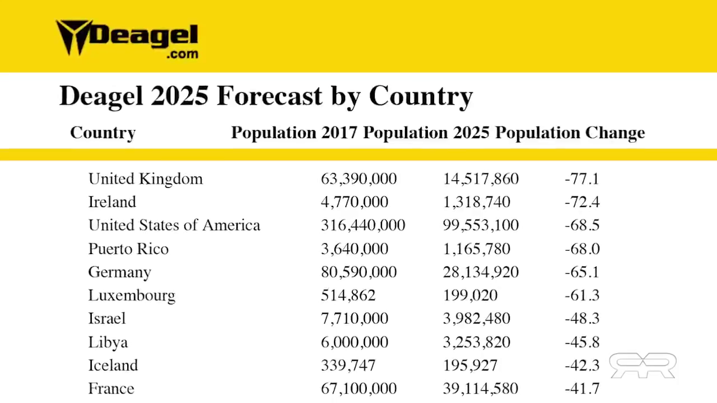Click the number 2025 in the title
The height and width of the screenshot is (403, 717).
179,96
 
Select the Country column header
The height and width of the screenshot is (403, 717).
103,133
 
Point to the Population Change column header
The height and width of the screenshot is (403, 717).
570,133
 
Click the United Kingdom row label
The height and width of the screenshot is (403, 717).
146,179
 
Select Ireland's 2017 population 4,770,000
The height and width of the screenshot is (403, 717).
355,202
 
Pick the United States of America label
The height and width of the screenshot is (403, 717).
174,226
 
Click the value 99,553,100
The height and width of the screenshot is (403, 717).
481,226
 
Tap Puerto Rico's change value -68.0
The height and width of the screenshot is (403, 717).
582,249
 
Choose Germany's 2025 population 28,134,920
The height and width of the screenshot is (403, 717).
481,273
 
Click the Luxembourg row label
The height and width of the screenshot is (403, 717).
132,296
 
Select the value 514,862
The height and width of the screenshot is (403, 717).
348,296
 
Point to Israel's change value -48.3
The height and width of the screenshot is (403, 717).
582,319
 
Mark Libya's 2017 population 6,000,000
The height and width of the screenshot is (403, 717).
355,343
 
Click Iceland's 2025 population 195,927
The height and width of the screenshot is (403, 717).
470,365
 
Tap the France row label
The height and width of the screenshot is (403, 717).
111,388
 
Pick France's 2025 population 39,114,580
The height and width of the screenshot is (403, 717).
481,388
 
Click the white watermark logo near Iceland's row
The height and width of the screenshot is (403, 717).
642,365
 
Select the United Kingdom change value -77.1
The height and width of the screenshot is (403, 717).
582,179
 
